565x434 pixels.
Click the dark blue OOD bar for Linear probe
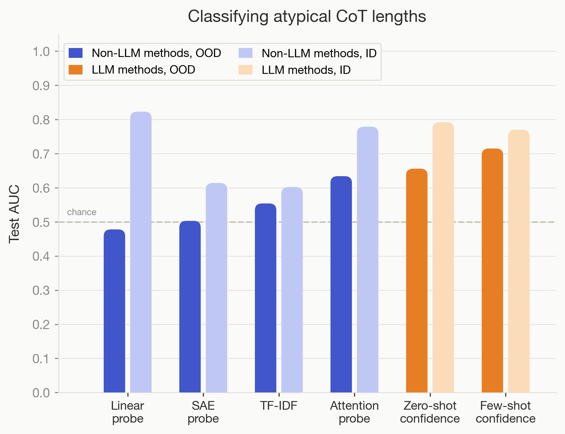[x=114, y=311]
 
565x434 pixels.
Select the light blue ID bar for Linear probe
[x=141, y=252]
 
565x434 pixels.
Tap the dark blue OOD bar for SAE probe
[x=190, y=307]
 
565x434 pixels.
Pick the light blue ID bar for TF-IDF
[x=292, y=290]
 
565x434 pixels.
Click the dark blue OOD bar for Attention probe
[x=341, y=284]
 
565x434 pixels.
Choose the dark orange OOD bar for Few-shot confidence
[x=492, y=271]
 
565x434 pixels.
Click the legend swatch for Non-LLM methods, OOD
[x=75, y=53]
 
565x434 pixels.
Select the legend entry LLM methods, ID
[x=306, y=70]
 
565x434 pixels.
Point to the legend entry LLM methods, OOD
[x=143, y=70]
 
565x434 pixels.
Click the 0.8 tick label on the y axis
[x=41, y=120]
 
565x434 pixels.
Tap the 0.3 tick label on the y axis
[x=41, y=291]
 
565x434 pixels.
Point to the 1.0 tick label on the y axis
[x=41, y=52]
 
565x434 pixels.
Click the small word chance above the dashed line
[x=82, y=212]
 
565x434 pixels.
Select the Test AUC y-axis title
[x=14, y=214]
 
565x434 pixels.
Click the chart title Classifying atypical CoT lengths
[x=307, y=16]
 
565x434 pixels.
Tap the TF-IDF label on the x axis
[x=278, y=406]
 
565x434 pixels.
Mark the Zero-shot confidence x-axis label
[x=430, y=412]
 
